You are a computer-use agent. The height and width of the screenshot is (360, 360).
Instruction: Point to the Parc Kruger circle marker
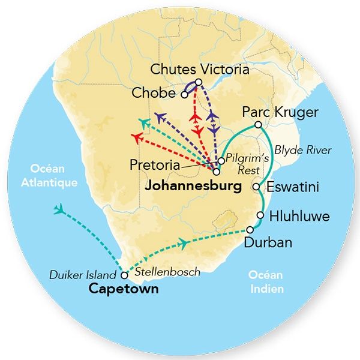[258, 125]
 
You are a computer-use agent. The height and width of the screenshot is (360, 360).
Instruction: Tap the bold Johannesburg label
[193, 186]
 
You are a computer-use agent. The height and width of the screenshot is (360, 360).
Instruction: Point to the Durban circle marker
[250, 230]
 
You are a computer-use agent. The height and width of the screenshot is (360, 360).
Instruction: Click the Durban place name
[268, 242]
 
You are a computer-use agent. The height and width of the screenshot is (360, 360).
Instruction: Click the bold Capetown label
[123, 289]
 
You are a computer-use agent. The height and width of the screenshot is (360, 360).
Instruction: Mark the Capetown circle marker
[124, 275]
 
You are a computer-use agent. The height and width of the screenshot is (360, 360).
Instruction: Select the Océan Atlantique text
[55, 175]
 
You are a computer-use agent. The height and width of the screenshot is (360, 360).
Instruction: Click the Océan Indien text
[267, 282]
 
